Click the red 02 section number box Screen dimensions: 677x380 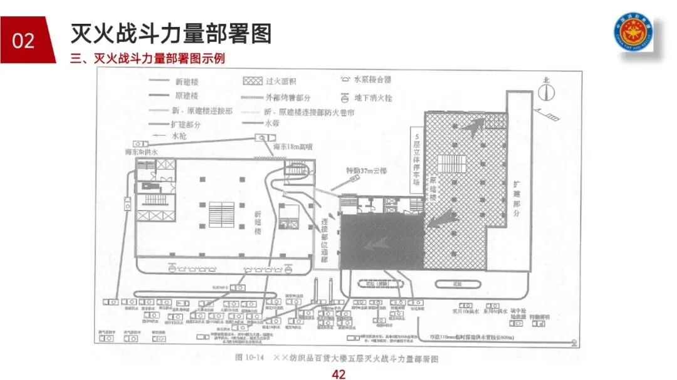[23, 40]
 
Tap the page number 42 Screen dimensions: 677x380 [338, 374]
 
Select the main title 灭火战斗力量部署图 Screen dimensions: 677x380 [171, 33]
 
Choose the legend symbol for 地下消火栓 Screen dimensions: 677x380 [344, 98]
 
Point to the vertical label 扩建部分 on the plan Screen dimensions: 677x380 [517, 193]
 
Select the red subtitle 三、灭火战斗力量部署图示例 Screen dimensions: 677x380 [148, 59]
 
